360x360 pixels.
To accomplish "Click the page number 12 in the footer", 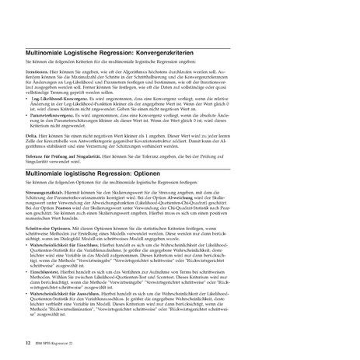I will click(x=28, y=341).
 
